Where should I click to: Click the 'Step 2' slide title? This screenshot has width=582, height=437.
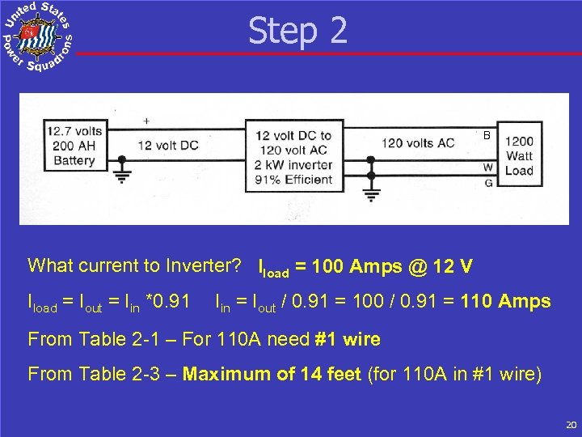tap(297, 31)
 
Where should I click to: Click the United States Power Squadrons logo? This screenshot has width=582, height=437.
tap(37, 36)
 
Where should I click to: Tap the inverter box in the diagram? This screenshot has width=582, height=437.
tap(293, 157)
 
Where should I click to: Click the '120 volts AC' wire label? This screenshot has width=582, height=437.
tap(418, 143)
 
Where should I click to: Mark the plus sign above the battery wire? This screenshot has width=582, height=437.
tap(146, 121)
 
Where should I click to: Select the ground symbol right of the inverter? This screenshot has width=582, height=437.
tap(371, 193)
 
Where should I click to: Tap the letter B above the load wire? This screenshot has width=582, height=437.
tap(487, 136)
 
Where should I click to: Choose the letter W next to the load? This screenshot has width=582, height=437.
tap(488, 168)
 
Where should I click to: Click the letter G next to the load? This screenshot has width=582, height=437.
tap(488, 183)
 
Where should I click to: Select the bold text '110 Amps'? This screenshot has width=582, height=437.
tap(506, 302)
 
